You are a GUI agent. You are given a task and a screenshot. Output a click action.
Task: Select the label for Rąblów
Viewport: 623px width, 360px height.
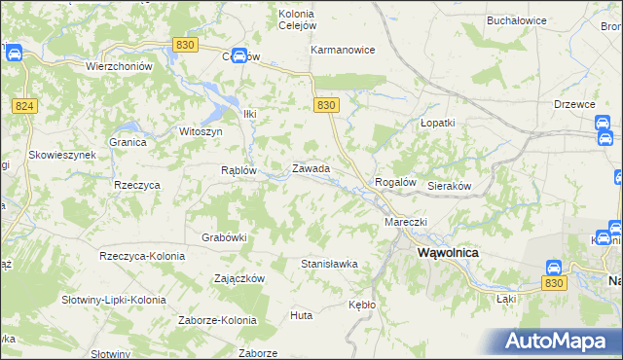coord(238,169)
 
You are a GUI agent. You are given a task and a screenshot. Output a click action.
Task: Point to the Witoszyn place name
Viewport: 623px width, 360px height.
coord(202,130)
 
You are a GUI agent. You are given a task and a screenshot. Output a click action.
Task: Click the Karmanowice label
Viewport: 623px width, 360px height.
coord(343,50)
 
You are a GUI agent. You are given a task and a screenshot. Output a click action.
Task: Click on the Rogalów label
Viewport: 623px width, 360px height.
coord(396,182)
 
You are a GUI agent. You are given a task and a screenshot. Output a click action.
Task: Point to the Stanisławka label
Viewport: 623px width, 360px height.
coord(329,264)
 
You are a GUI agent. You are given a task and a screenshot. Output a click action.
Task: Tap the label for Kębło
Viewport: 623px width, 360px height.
coord(361,305)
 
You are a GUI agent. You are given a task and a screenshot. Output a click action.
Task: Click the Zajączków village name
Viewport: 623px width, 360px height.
coord(239,278)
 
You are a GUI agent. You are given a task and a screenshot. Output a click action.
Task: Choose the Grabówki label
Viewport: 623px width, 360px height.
coord(225,236)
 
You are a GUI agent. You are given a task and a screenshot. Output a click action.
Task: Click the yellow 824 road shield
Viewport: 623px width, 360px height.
coord(26,105)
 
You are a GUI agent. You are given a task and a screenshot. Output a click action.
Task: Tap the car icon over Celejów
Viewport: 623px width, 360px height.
coord(238,54)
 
